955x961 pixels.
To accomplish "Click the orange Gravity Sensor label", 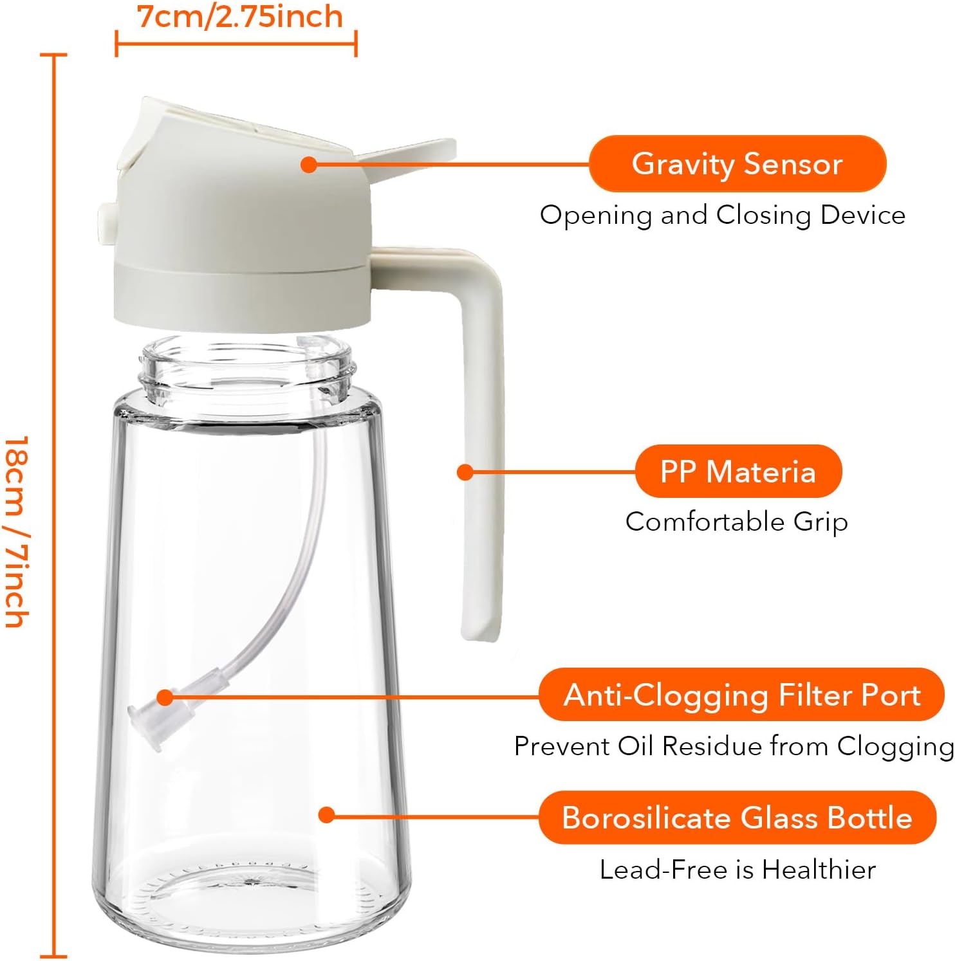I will click(737, 164).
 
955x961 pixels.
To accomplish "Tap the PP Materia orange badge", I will click(738, 471).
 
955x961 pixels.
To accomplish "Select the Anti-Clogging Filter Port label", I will click(741, 695).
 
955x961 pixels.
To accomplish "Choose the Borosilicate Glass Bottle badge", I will click(737, 818).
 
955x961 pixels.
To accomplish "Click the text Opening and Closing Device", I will click(722, 215).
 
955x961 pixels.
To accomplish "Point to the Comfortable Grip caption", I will click(737, 522).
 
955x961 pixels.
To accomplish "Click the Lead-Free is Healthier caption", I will click(737, 870).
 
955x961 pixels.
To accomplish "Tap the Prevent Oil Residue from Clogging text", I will click(734, 746).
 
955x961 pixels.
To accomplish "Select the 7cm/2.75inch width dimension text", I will click(240, 17).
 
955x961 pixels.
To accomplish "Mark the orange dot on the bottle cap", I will click(309, 164).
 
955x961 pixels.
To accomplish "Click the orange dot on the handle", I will click(465, 472).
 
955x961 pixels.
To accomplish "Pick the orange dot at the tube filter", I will click(165, 697).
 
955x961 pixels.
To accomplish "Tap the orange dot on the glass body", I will click(327, 815).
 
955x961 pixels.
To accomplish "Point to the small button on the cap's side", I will click(105, 219).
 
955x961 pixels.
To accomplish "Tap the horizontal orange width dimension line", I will click(236, 44).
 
